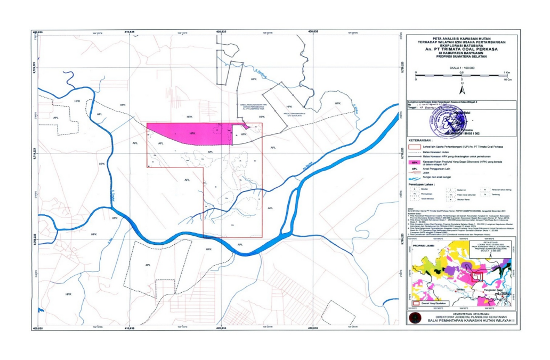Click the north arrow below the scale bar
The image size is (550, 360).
click(x=462, y=83)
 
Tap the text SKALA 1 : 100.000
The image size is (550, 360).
click(x=462, y=68)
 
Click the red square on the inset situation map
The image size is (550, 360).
click(x=477, y=277)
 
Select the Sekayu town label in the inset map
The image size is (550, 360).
click(x=461, y=289)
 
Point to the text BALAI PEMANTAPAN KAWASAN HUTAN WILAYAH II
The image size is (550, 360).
click(x=463, y=321)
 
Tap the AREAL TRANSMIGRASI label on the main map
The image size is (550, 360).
click(x=294, y=113)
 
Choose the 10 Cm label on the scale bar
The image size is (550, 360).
click(x=508, y=78)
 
